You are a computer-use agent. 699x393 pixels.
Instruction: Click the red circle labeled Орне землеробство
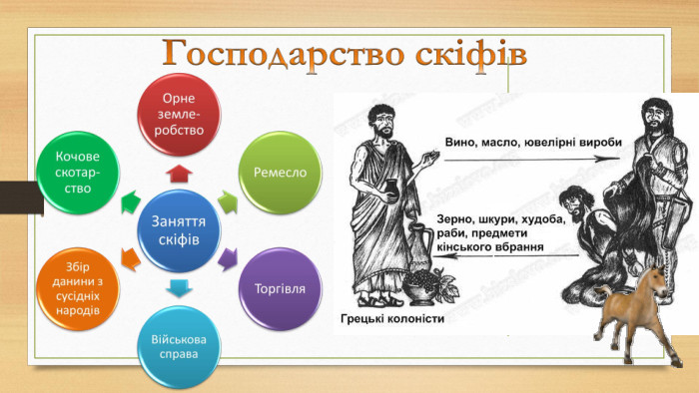coord(179,115)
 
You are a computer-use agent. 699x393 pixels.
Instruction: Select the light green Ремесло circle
coord(280,173)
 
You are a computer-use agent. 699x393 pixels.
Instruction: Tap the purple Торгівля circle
coord(280,289)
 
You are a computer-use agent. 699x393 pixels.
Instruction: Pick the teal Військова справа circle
coord(179,347)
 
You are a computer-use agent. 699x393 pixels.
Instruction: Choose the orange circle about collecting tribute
coord(78,289)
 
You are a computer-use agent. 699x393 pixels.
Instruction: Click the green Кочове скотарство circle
coord(78,173)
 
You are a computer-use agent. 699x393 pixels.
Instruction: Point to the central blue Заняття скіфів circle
coord(179,230)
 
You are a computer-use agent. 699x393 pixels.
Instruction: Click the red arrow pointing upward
coord(179,174)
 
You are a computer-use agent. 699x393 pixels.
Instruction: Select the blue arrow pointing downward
coord(179,288)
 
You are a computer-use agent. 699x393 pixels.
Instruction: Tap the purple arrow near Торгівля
coord(228,259)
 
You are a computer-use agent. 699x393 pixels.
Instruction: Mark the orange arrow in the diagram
coord(130,259)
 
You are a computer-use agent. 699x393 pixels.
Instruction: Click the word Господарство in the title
coord(282,55)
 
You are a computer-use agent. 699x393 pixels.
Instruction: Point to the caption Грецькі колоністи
coord(392,318)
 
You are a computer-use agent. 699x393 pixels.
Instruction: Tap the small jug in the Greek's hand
coord(390,191)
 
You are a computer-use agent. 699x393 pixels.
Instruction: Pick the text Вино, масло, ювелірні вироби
coord(533,143)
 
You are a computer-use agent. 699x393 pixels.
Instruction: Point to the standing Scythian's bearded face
coord(654,118)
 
